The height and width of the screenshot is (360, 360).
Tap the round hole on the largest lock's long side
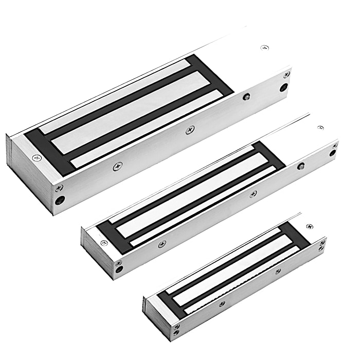[246, 96]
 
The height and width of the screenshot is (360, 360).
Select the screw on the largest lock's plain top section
[265, 47]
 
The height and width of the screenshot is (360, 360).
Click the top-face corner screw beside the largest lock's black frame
[36, 158]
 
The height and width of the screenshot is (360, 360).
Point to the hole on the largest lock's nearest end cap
[61, 200]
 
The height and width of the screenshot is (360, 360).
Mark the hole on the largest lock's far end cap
[283, 87]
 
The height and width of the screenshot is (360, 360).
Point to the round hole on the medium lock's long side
[301, 166]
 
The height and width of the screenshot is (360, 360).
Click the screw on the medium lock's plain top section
[320, 127]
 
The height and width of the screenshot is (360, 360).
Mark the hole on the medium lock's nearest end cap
[119, 268]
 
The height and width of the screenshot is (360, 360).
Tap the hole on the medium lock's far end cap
[332, 153]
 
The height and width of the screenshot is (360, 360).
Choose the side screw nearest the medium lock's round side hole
[253, 194]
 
